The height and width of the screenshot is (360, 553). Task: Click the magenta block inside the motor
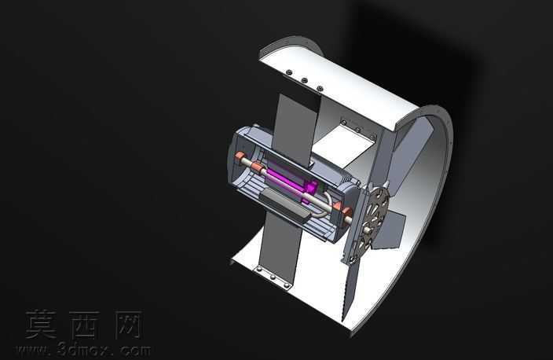pos(290,182)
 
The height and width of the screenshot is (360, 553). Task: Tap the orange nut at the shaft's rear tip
pos(240,157)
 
